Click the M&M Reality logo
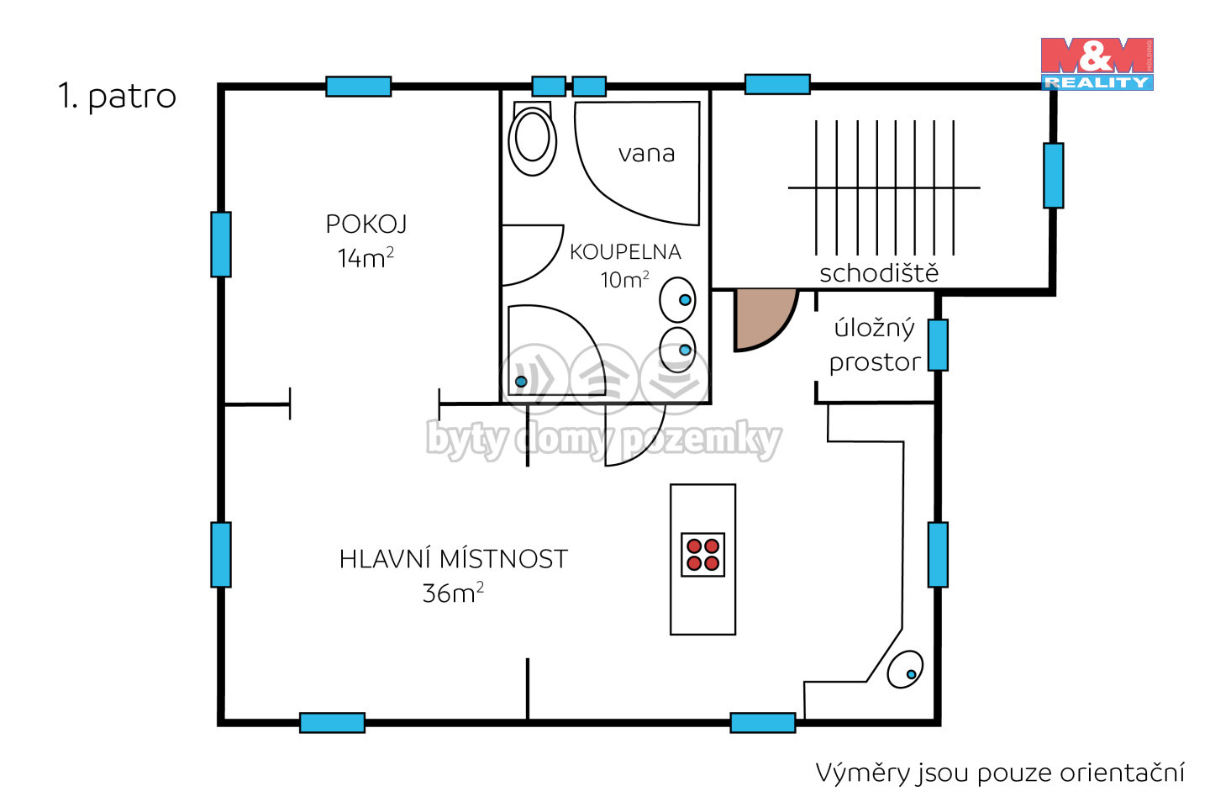pyautogui.click(x=1097, y=64)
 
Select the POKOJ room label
pyautogui.click(x=366, y=224)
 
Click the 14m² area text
pyautogui.click(x=366, y=257)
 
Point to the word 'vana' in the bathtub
pyautogui.click(x=647, y=154)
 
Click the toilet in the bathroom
pyautogui.click(x=532, y=138)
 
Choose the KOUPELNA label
pyautogui.click(x=625, y=252)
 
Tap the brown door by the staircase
pyautogui.click(x=764, y=319)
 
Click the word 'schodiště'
pyautogui.click(x=879, y=273)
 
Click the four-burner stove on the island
pyautogui.click(x=702, y=555)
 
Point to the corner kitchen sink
pyautogui.click(x=905, y=669)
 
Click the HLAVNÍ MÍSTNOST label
pyautogui.click(x=453, y=560)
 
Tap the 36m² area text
pyautogui.click(x=453, y=593)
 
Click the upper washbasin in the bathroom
pyautogui.click(x=677, y=299)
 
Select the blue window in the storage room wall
pyautogui.click(x=938, y=345)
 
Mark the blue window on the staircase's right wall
pyautogui.click(x=1054, y=176)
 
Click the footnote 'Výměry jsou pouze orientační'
pyautogui.click(x=1000, y=773)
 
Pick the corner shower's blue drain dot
pyautogui.click(x=521, y=382)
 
